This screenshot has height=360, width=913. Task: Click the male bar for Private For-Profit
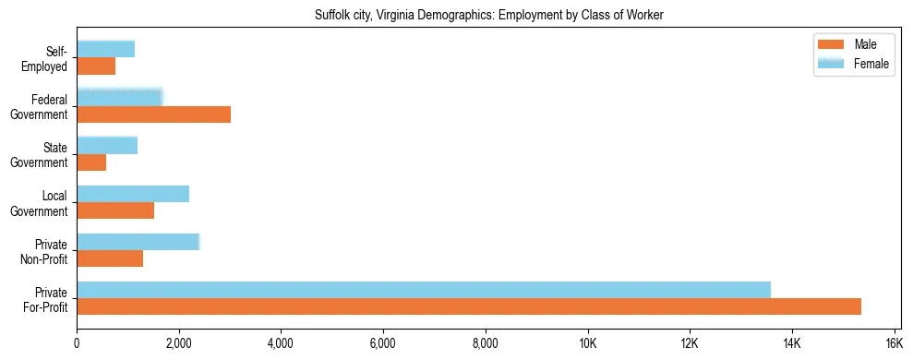tap(469, 306)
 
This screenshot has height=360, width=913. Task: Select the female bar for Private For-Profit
tap(424, 289)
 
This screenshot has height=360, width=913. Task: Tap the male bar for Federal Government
tap(153, 114)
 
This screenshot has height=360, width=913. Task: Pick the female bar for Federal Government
tap(119, 97)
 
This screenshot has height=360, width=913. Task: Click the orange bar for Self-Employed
tap(96, 66)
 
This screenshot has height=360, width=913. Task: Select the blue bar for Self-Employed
tap(105, 49)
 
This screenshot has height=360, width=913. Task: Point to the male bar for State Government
tap(91, 162)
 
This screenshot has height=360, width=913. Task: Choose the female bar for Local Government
tap(133, 194)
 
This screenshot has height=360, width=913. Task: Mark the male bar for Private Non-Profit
tap(110, 258)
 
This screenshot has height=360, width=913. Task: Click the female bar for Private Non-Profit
tap(138, 242)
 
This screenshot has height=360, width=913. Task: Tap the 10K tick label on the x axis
tap(587, 344)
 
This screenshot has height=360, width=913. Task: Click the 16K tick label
tap(894, 344)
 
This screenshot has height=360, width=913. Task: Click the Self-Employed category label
tap(49, 58)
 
